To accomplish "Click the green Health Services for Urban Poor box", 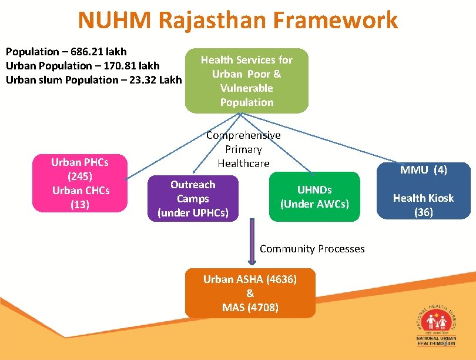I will pyautogui.click(x=247, y=81).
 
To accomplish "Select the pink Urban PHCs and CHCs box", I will pyautogui.click(x=80, y=182).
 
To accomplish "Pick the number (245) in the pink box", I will pyautogui.click(x=80, y=176).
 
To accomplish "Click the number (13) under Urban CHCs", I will pyautogui.click(x=80, y=204).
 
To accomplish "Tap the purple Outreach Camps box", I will pyautogui.click(x=193, y=198).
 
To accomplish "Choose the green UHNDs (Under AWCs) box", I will pyautogui.click(x=314, y=196).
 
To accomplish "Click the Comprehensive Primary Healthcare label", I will pyautogui.click(x=243, y=149).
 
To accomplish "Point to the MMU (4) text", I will pyautogui.click(x=424, y=170).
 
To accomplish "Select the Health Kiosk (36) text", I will pyautogui.click(x=424, y=205).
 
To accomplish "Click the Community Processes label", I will pyautogui.click(x=312, y=249).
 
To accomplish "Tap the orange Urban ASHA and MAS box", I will pyautogui.click(x=250, y=293).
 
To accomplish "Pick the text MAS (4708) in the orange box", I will pyautogui.click(x=250, y=308).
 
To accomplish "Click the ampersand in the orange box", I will pyautogui.click(x=250, y=294).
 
